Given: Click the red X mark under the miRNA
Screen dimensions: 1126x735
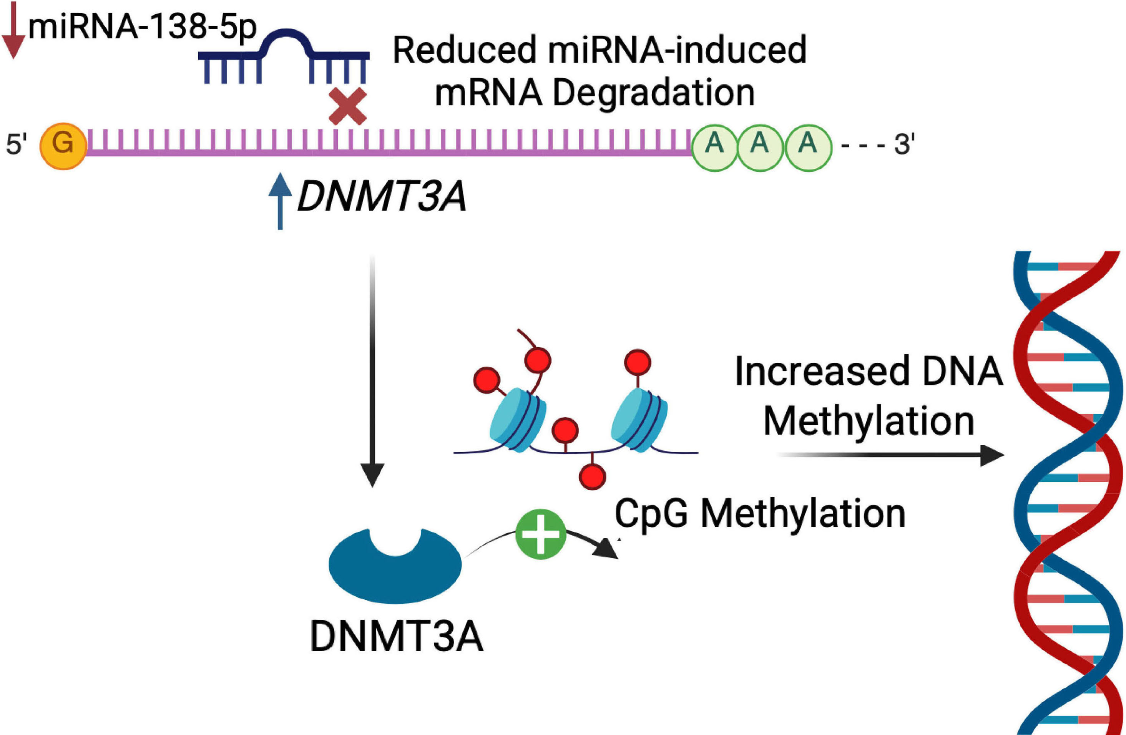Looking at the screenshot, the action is [347, 106].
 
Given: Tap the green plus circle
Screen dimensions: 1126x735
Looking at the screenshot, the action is [540, 534].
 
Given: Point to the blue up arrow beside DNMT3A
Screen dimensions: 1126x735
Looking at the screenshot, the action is [280, 201].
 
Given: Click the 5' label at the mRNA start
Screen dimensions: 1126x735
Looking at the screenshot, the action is [17, 144].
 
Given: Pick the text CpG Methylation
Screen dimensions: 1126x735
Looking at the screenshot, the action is [760, 514].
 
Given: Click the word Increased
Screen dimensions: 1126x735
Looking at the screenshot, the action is [822, 372].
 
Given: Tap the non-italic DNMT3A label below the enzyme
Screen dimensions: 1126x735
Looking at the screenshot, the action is [397, 637].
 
